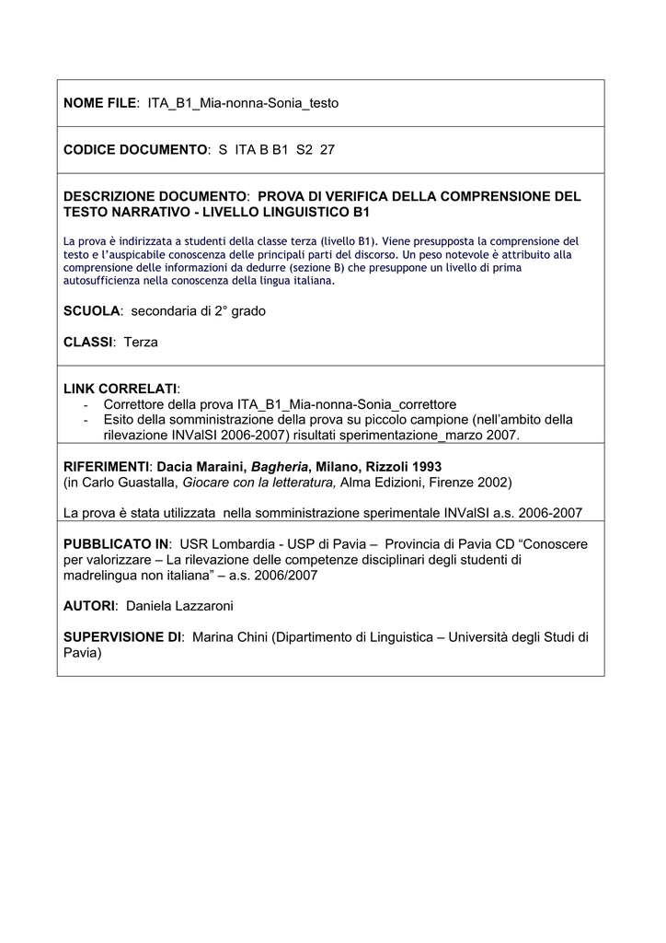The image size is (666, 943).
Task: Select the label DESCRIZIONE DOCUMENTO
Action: point(155,196)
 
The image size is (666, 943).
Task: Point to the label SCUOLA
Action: point(91,311)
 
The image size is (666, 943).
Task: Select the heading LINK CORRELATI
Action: point(120,389)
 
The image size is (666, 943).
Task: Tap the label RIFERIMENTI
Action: point(105,467)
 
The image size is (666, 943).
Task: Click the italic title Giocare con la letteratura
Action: point(260,483)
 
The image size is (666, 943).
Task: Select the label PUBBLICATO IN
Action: point(115,544)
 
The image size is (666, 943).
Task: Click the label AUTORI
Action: point(89,606)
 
